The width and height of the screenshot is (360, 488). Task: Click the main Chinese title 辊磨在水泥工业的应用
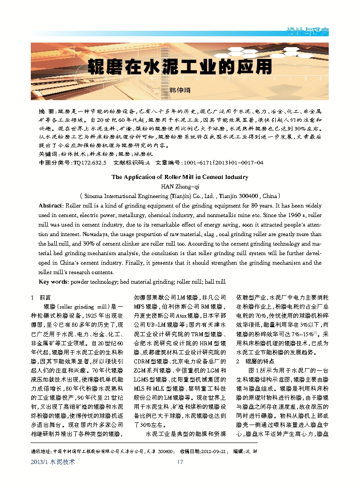[x=180, y=66]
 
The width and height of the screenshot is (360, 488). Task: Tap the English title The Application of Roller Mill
[x=180, y=177]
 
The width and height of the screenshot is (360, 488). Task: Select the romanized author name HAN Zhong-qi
[x=180, y=186]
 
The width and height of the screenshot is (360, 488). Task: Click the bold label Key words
[x=54, y=282]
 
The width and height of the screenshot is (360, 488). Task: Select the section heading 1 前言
[x=40, y=297]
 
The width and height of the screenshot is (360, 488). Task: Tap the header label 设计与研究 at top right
[x=308, y=32]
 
